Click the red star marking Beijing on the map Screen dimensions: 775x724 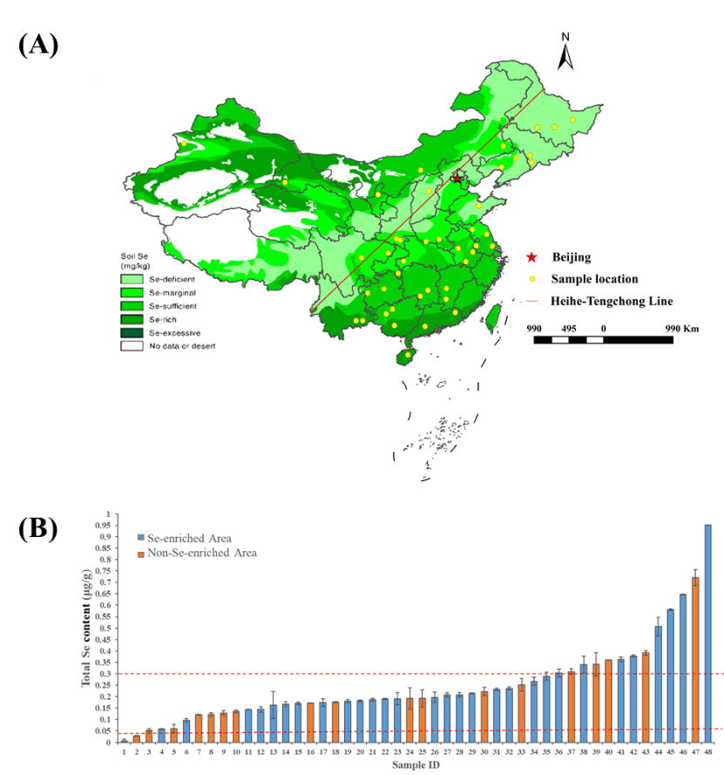pyautogui.click(x=457, y=178)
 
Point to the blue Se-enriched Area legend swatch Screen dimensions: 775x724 pyautogui.click(x=139, y=538)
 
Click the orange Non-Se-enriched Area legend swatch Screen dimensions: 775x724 pyautogui.click(x=139, y=553)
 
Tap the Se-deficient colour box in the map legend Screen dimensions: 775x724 pyautogui.click(x=132, y=279)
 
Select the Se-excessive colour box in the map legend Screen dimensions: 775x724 pyautogui.click(x=132, y=332)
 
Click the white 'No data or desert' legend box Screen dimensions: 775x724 pyautogui.click(x=132, y=346)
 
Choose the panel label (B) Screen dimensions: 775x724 pyautogui.click(x=38, y=530)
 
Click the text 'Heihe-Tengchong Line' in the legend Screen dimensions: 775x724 pyautogui.click(x=611, y=302)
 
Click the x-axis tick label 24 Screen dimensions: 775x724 pyautogui.click(x=409, y=751)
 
